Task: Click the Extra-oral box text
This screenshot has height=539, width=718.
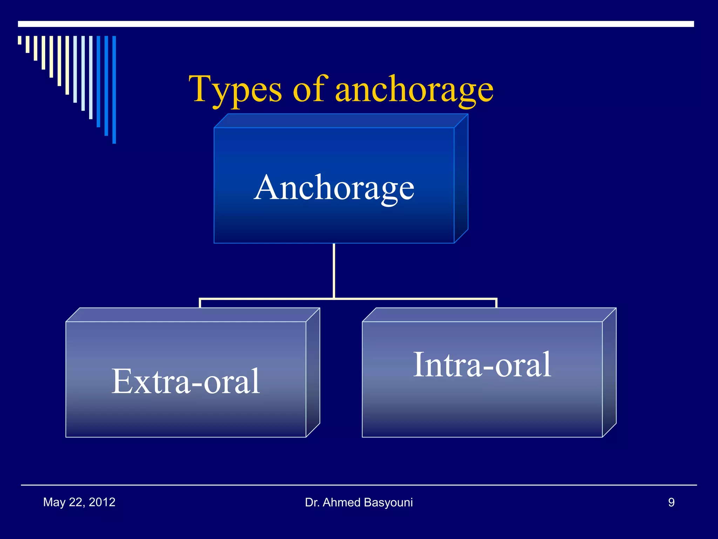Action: (185, 381)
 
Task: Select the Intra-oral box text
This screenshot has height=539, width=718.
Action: (482, 365)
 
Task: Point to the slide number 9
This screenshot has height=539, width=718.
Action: (671, 502)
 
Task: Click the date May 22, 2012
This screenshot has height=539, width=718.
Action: (79, 502)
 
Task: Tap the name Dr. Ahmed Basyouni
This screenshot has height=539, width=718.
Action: (359, 502)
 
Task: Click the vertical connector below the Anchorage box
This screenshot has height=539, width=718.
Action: (334, 270)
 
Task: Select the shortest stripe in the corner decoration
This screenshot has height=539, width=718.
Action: (20, 40)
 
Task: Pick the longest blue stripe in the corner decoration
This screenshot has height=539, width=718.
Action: (114, 89)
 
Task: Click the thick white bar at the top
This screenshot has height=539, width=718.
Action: (356, 24)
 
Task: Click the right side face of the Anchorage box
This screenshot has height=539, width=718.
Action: (461, 179)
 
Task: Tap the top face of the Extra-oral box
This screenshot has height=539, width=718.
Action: (193, 315)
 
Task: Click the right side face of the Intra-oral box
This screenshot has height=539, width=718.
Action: (609, 372)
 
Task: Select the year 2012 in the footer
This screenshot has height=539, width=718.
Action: (102, 502)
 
